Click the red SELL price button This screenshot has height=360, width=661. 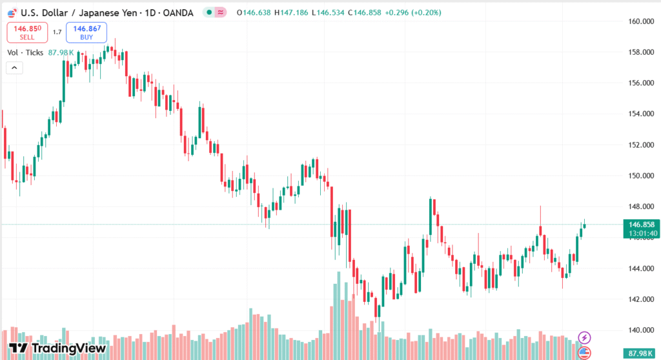pos(28,32)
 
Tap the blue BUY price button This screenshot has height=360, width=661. pos(86,32)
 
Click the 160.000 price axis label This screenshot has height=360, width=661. pos(642,21)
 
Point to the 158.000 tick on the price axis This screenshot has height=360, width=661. pos(642,52)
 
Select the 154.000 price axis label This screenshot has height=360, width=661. pos(642,114)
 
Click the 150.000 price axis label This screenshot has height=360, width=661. pos(642,175)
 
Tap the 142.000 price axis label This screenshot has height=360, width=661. pos(642,299)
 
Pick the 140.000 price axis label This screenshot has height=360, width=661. pos(642,330)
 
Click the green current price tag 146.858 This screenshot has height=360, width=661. pos(641,225)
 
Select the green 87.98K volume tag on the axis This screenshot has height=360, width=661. pos(641,354)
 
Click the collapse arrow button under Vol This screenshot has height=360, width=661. pos(14,67)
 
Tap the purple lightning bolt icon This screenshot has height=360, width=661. pos(584,337)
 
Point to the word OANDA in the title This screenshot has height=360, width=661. pos(177,12)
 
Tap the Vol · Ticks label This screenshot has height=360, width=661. pos(25,52)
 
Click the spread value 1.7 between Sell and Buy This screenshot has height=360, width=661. pos(57,32)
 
